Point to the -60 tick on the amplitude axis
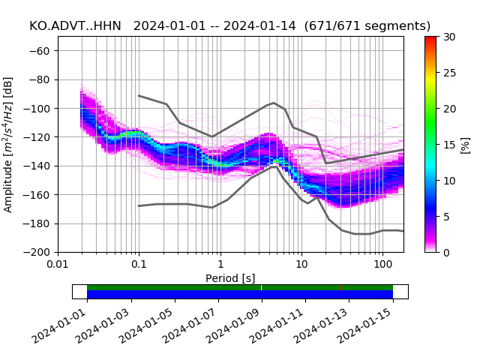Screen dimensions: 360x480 [x=43, y=50]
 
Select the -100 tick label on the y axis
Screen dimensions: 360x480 [x=41, y=108]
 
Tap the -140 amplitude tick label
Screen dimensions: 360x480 [x=41, y=166]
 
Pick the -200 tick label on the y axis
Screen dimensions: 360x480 [x=41, y=252]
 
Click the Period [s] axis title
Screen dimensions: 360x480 [x=230, y=278]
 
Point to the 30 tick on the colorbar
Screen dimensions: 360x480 [x=448, y=37]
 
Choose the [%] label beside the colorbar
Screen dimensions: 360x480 [x=466, y=144]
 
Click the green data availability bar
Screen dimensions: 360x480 [x=240, y=287]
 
